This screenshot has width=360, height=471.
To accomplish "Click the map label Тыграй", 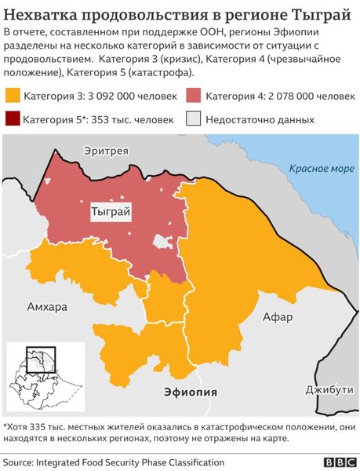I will (111, 212).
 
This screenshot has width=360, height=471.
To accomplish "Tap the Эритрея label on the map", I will (107, 151).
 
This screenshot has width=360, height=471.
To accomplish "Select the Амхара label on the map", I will (47, 305).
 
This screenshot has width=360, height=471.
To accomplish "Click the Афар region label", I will (278, 317).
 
